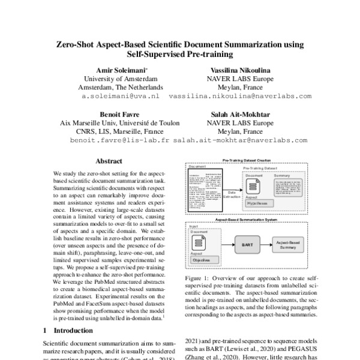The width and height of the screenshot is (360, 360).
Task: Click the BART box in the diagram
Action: point(247,245)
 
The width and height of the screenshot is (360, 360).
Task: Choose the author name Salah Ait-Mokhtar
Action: point(240,113)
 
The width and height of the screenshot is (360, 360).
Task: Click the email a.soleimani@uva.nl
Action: point(120,95)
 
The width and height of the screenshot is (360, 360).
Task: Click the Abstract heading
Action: point(109,161)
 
